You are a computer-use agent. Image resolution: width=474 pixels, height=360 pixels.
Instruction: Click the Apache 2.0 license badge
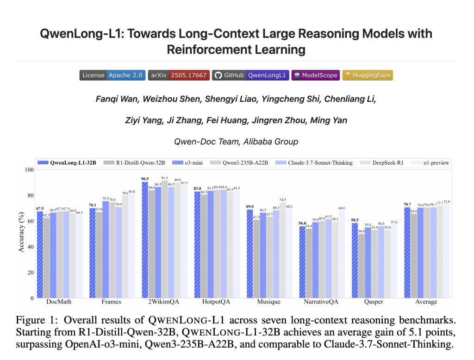click(x=112, y=75)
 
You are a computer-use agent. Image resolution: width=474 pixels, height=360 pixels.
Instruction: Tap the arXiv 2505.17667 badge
click(x=179, y=75)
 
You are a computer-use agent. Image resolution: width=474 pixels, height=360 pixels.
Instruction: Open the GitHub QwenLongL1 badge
click(x=250, y=75)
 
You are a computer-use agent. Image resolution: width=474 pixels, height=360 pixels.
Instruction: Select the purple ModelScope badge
click(x=316, y=75)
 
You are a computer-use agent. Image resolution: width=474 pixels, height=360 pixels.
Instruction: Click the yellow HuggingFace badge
click(x=368, y=75)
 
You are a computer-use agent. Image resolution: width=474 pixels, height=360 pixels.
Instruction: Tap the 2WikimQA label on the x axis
click(x=163, y=302)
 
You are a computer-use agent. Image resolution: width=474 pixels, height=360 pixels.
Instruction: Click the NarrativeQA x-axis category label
click(x=321, y=302)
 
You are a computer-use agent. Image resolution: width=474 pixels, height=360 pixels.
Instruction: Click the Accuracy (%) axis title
click(x=21, y=234)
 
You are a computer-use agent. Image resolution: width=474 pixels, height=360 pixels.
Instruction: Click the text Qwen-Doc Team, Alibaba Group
click(x=236, y=142)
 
